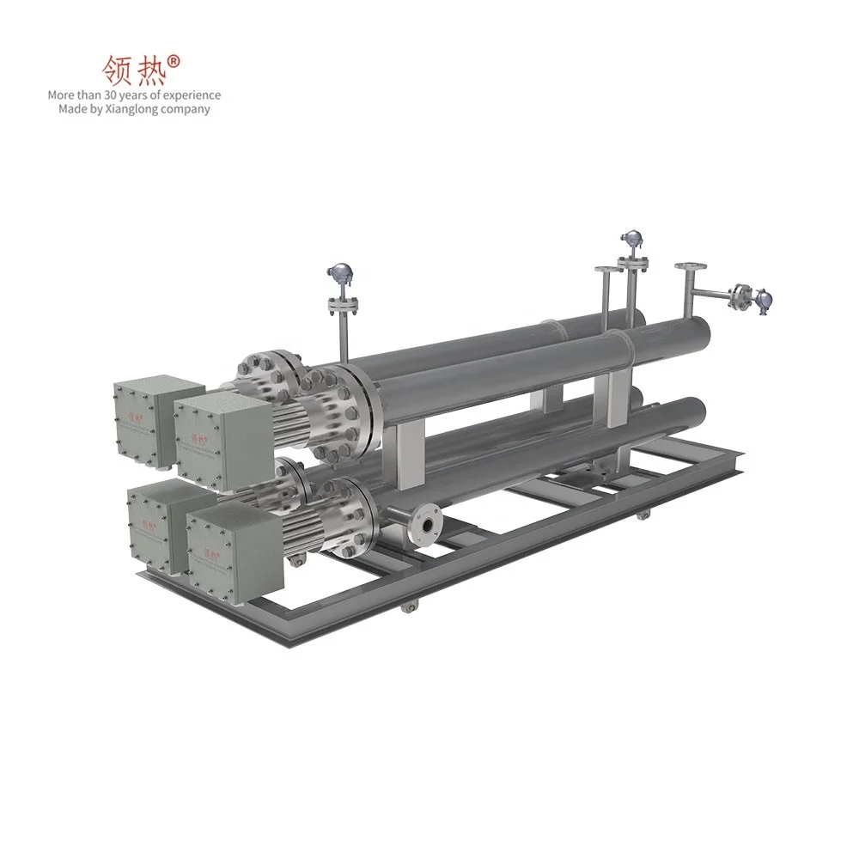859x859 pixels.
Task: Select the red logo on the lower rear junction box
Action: [x=148, y=520]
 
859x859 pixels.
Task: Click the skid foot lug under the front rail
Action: [x=408, y=606]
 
